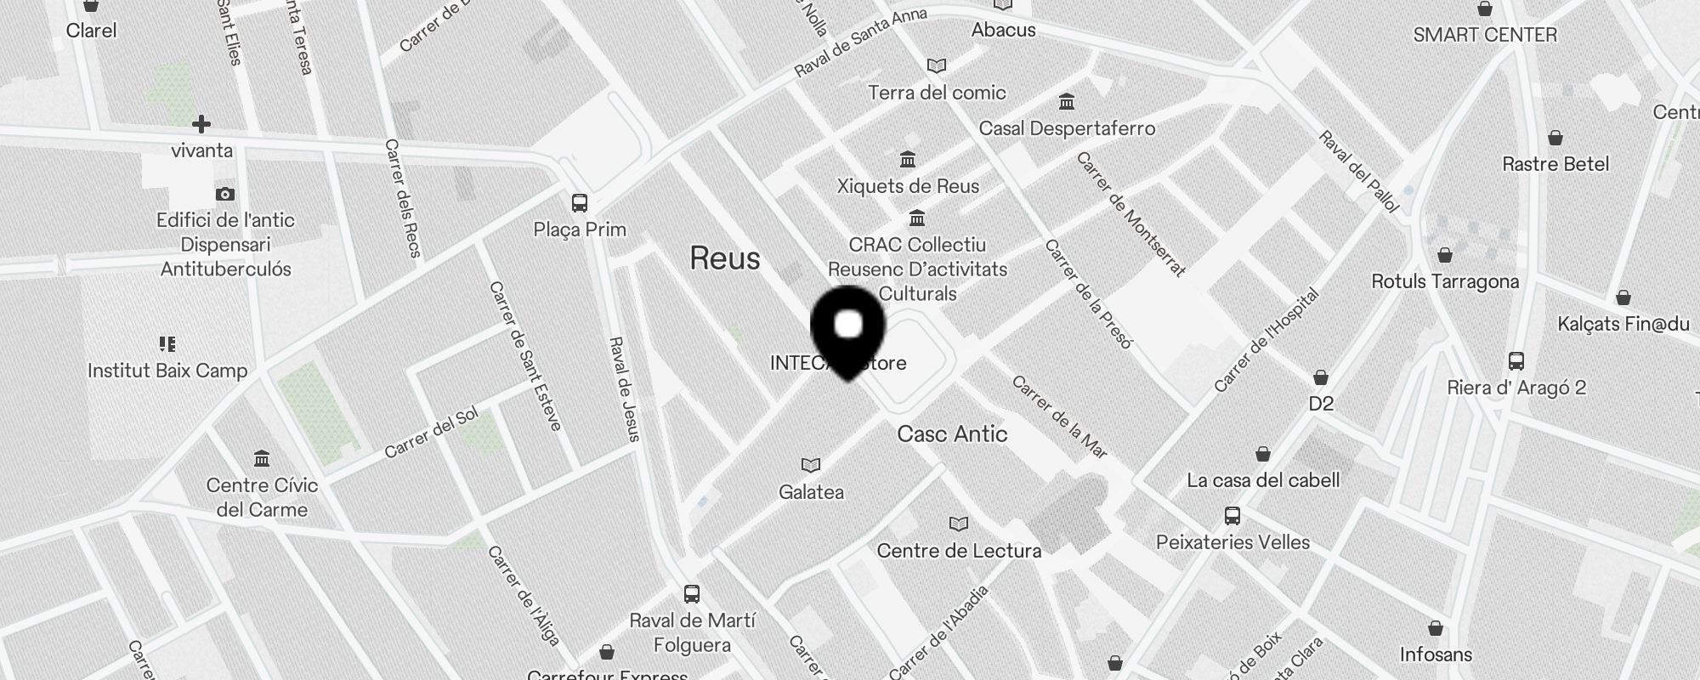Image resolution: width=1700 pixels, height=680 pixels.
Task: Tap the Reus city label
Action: (x=725, y=258)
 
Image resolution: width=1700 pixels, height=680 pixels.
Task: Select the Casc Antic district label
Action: (x=952, y=434)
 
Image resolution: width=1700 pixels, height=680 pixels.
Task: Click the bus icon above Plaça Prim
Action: (x=580, y=203)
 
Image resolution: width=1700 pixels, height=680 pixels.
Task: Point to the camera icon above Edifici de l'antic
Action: (x=225, y=195)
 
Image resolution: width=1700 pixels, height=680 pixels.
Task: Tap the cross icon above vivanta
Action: (x=201, y=125)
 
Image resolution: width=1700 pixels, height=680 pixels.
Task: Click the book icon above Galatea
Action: (x=811, y=465)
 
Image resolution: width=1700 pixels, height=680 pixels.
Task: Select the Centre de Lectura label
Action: (x=959, y=551)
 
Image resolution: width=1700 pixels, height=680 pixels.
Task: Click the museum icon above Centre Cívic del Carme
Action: (x=262, y=459)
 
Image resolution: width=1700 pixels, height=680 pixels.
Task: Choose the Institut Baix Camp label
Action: (x=167, y=371)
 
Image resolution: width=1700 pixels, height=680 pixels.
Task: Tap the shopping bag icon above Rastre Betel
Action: (x=1555, y=138)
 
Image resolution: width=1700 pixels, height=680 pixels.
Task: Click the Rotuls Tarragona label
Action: (x=1445, y=281)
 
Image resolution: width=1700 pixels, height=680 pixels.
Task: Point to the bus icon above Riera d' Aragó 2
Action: (x=1516, y=360)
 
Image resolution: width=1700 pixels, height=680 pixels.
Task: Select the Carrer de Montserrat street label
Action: (x=1130, y=214)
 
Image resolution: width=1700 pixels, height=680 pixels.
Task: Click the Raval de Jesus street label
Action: (x=625, y=389)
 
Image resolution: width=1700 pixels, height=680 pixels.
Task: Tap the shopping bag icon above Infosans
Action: (x=1436, y=628)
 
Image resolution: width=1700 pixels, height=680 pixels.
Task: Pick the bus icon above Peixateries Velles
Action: (x=1232, y=515)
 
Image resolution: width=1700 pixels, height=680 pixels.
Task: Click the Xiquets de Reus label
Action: (x=908, y=186)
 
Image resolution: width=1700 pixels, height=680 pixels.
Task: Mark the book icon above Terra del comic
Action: (x=937, y=65)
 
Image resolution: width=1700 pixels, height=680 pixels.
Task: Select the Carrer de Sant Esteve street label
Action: (x=525, y=356)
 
